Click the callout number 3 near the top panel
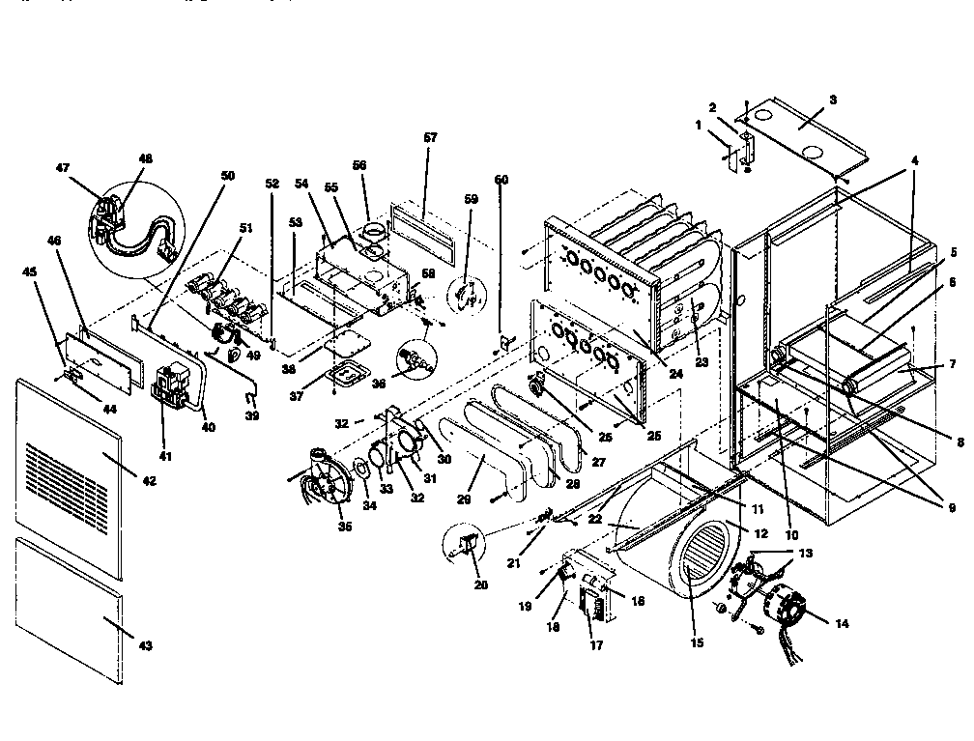pyautogui.click(x=834, y=100)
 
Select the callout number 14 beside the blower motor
pyautogui.click(x=841, y=624)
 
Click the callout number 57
pyautogui.click(x=430, y=138)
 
